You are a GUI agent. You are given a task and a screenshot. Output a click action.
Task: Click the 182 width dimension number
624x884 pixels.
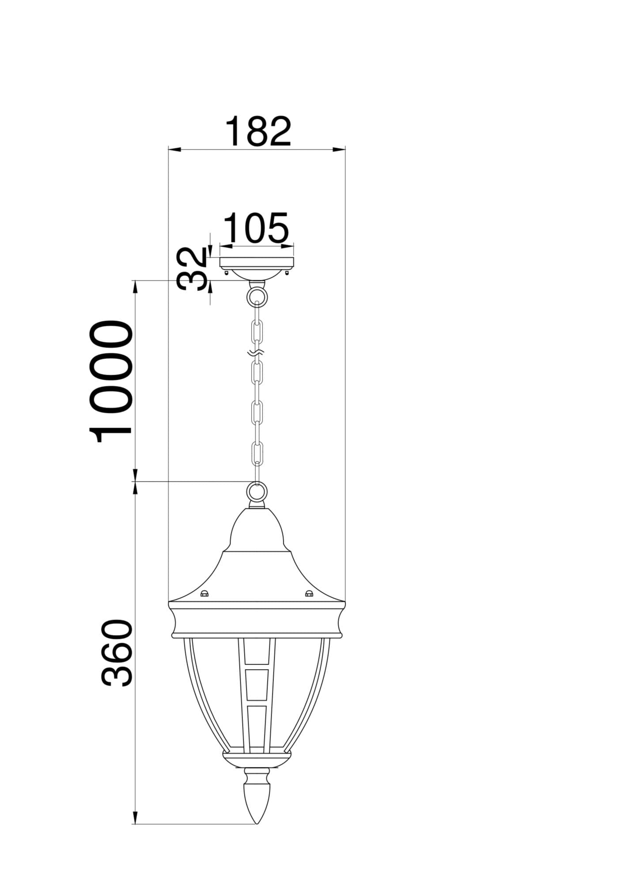[x=258, y=131]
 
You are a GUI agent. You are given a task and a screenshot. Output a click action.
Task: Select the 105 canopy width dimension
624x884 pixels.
[x=257, y=228]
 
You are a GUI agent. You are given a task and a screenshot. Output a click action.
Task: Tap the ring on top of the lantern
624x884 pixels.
[x=257, y=492]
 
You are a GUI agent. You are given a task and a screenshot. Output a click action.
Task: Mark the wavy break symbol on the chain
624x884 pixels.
[x=257, y=353]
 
